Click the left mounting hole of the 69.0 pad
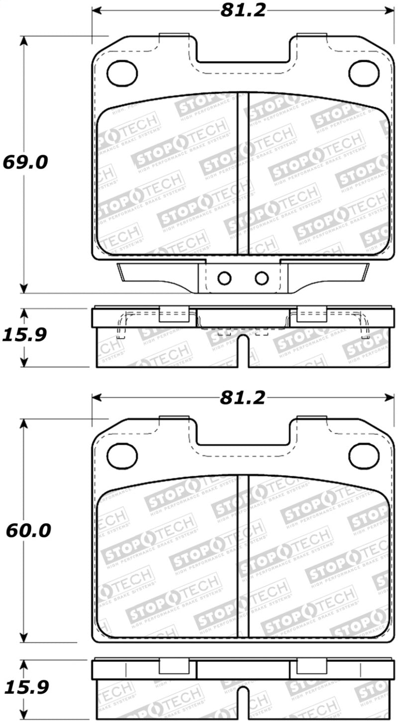pyautogui.click(x=122, y=73)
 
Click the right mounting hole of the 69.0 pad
pyautogui.click(x=364, y=73)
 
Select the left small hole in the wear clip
pyautogui.click(x=225, y=278)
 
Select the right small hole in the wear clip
pyautogui.click(x=262, y=278)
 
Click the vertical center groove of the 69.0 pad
pyautogui.click(x=242, y=174)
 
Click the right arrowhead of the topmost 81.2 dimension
pyautogui.click(x=389, y=11)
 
